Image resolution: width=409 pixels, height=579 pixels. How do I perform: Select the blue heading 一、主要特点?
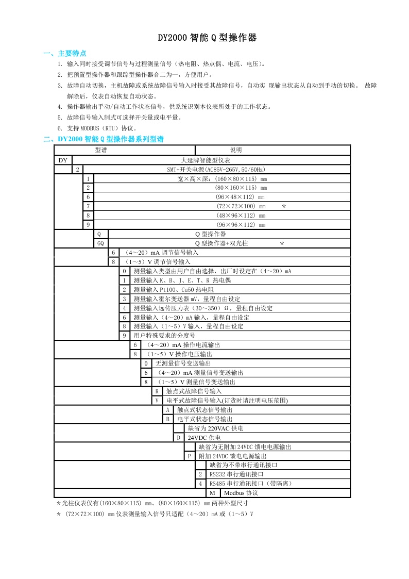(x=65, y=53)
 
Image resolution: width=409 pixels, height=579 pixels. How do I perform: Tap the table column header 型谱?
(x=101, y=150)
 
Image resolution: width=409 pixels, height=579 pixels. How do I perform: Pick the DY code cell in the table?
(x=62, y=160)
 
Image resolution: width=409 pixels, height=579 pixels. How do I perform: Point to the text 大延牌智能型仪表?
(x=209, y=160)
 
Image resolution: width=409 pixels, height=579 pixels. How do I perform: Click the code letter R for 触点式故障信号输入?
(x=157, y=391)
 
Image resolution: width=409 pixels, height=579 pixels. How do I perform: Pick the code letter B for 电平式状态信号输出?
(x=167, y=419)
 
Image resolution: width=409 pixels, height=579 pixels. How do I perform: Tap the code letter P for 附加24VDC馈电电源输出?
(x=190, y=456)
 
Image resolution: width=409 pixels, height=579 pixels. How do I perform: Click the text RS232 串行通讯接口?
(x=236, y=474)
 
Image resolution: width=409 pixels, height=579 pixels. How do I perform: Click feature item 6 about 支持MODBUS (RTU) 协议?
(x=101, y=128)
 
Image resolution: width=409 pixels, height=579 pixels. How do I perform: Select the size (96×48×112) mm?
(x=240, y=197)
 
